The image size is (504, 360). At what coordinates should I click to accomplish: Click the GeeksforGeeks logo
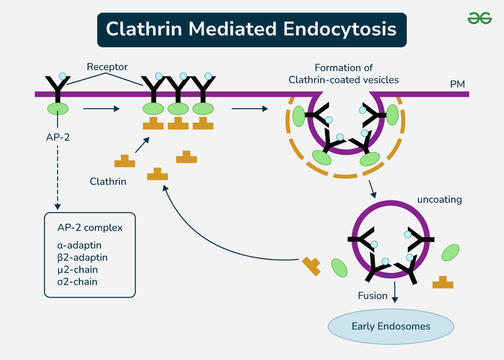pyautogui.click(x=479, y=18)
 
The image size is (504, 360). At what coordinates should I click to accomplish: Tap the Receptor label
pyautogui.click(x=107, y=67)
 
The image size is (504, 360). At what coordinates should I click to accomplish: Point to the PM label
pyautogui.click(x=457, y=84)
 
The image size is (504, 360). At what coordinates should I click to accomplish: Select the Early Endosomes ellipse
pyautogui.click(x=391, y=326)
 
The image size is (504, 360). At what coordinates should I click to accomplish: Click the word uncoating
pyautogui.click(x=439, y=200)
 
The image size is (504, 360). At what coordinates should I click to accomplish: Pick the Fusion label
pyautogui.click(x=373, y=296)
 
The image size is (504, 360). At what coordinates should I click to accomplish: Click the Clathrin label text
pyautogui.click(x=108, y=181)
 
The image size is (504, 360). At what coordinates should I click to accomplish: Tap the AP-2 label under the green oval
pyautogui.click(x=58, y=137)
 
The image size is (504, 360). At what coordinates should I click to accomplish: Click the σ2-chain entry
pyautogui.click(x=77, y=282)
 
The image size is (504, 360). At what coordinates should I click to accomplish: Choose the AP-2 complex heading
pyautogui.click(x=90, y=228)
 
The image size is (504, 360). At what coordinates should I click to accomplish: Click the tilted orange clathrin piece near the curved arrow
pyautogui.click(x=312, y=266)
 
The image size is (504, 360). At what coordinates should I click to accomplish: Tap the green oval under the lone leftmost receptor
pyautogui.click(x=58, y=108)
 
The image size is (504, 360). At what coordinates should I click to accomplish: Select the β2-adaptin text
pyautogui.click(x=82, y=257)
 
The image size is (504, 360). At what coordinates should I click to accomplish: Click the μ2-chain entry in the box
pyautogui.click(x=77, y=270)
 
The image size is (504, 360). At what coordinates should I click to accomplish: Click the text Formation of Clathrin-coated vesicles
pyautogui.click(x=344, y=74)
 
